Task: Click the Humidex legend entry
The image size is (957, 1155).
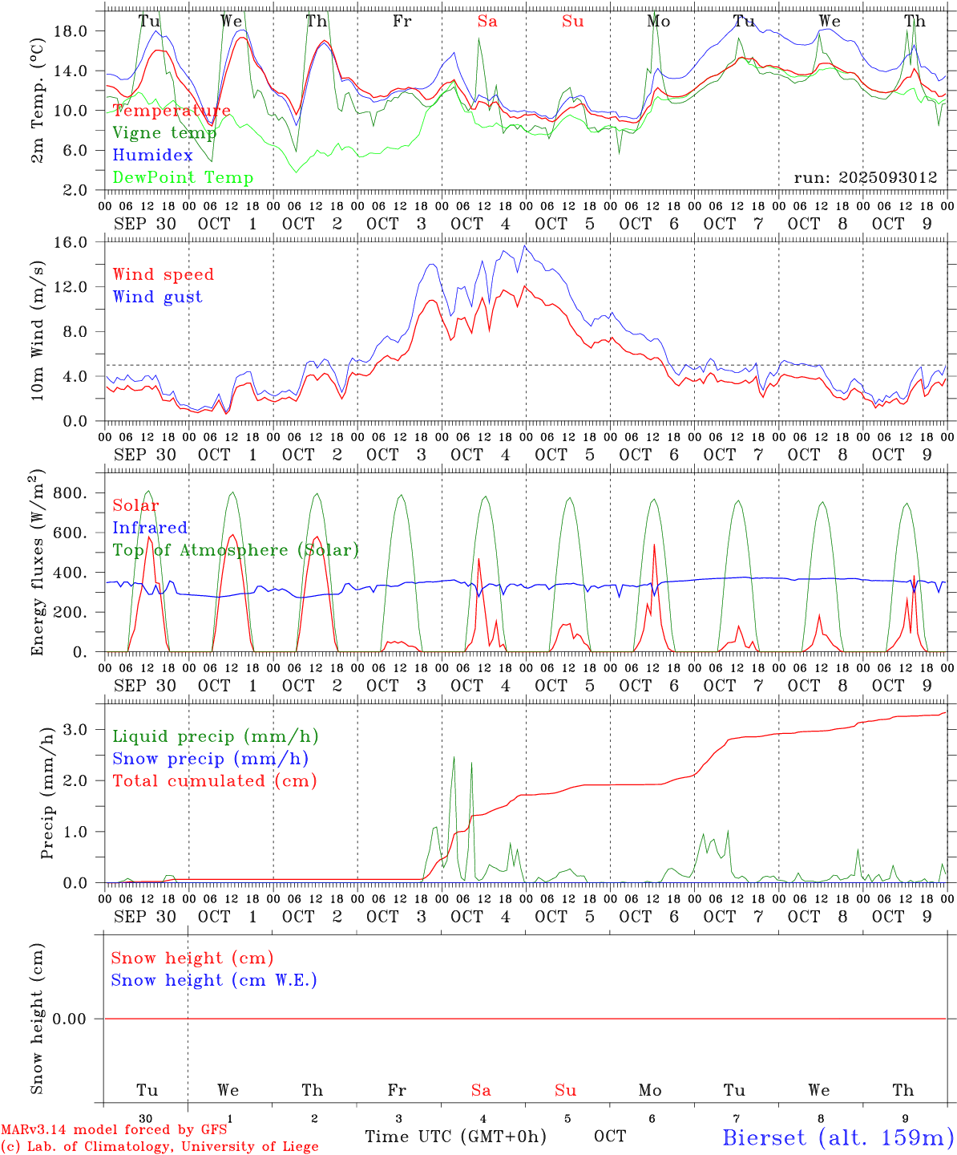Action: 152,155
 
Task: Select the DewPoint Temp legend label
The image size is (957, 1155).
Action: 183,177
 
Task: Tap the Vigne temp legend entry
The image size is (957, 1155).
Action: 164,132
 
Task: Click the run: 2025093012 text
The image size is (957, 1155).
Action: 865,177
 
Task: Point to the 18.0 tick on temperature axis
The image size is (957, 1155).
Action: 81,30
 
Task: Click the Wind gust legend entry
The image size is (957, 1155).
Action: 157,297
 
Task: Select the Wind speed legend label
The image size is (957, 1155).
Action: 164,274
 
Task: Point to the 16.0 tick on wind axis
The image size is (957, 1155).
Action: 81,242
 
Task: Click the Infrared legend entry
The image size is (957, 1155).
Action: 150,528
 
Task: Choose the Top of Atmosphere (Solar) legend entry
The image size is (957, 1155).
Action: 236,550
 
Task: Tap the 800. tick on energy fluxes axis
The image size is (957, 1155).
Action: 80,492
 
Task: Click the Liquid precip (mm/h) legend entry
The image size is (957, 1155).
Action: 215,736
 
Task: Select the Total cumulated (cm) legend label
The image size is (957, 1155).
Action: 214,780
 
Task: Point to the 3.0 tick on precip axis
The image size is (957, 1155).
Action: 86,729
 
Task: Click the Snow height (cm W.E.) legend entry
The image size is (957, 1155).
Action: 213,980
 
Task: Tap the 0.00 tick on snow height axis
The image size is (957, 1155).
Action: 79,1019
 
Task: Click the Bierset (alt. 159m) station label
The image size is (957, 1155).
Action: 838,1137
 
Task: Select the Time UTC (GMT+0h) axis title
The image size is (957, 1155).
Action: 455,1136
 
